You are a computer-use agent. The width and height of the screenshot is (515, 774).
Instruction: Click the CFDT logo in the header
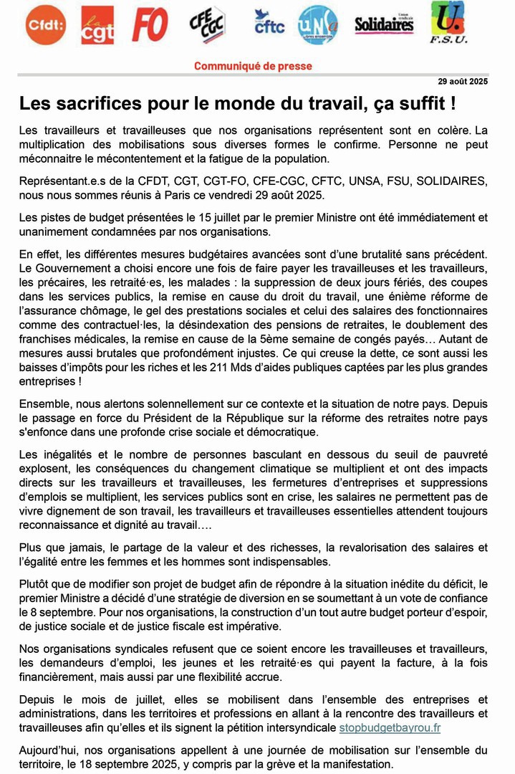click(x=45, y=24)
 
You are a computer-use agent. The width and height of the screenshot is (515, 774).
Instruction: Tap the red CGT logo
click(x=97, y=25)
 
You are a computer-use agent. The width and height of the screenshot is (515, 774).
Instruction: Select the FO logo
click(x=150, y=24)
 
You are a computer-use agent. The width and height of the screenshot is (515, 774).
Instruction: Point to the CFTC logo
click(x=269, y=24)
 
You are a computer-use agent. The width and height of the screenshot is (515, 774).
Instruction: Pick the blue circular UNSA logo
click(x=317, y=24)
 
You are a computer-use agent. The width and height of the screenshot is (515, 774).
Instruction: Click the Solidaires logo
click(x=385, y=24)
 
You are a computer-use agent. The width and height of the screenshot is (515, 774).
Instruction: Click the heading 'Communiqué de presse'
click(x=253, y=66)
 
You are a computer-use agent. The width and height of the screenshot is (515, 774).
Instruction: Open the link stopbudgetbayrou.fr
click(x=390, y=727)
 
